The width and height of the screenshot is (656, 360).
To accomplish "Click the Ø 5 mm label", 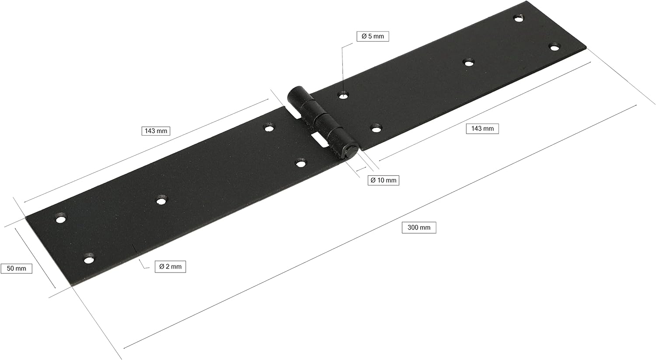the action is [x=373, y=36].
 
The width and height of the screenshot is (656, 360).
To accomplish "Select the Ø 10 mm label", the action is [x=383, y=180].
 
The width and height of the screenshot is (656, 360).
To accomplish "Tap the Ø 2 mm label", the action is [x=170, y=266].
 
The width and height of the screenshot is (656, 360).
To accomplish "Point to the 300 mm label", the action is [x=419, y=227].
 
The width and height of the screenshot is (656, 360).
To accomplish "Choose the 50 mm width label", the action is [x=17, y=268].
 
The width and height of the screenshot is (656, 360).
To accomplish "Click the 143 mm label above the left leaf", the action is [x=156, y=131].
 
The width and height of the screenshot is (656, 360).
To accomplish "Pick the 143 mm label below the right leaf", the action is [x=482, y=129].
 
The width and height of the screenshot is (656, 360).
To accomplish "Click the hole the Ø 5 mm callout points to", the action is [x=343, y=95].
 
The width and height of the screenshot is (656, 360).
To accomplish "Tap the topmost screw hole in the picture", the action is [x=519, y=19].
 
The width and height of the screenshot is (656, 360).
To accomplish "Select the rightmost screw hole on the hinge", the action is [x=554, y=47].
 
